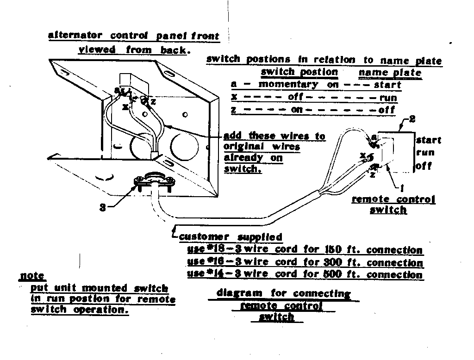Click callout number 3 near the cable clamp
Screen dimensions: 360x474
click(x=102, y=208)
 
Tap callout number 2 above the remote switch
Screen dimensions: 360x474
click(x=412, y=119)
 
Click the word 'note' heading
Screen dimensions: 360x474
click(x=32, y=276)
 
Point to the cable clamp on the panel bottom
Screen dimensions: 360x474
click(x=153, y=181)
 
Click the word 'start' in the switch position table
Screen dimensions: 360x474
click(x=387, y=85)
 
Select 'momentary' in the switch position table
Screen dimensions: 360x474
click(x=288, y=85)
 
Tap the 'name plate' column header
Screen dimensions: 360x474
click(x=390, y=73)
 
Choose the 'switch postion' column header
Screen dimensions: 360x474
click(x=299, y=72)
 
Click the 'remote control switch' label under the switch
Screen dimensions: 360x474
click(x=393, y=204)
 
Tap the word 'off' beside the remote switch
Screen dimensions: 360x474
click(x=423, y=166)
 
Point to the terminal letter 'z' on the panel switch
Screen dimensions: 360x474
click(x=153, y=101)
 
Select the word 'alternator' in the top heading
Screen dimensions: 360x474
click(x=76, y=36)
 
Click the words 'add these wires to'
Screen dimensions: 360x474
click(x=274, y=136)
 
